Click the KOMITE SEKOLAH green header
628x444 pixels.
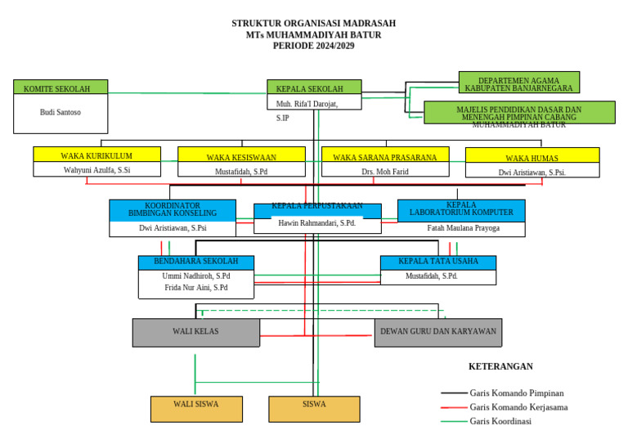[x=61, y=87]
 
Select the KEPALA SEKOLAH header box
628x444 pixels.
[x=314, y=87]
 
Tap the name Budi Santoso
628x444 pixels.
[x=61, y=113]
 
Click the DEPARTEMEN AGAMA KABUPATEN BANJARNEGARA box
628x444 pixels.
[x=518, y=83]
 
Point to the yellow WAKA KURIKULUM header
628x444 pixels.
[x=96, y=155]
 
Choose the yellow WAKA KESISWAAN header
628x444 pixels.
[x=241, y=155]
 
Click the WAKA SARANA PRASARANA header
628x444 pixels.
[x=385, y=155]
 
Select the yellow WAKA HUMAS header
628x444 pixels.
[x=532, y=156]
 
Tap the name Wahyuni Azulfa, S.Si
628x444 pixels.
[x=96, y=170]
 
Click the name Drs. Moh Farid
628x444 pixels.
[x=385, y=172]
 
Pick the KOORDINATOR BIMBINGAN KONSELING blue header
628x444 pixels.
[x=172, y=210]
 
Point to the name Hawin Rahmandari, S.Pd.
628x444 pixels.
[x=316, y=223]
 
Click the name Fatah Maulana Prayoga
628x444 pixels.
[x=463, y=228]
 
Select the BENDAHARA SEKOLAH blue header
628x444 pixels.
[x=195, y=262]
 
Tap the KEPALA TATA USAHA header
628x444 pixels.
[x=437, y=262]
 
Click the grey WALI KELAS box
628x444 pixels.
[x=195, y=332]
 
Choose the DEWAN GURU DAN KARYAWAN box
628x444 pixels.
[x=437, y=332]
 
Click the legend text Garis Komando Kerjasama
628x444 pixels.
[x=518, y=407]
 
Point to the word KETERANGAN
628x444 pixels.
[x=500, y=366]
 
